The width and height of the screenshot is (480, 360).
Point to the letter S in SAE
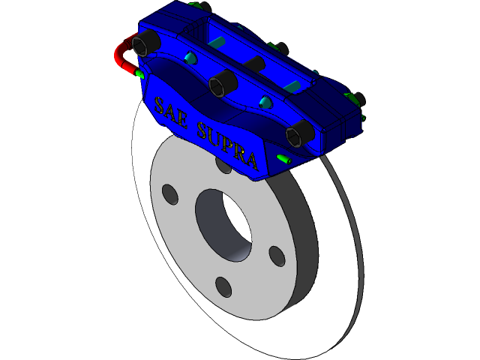pos(158,104)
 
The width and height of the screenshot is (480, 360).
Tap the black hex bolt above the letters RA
pos(297,133)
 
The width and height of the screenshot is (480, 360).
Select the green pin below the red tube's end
pos(139,74)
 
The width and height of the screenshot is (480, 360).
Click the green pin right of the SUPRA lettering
pos(283,159)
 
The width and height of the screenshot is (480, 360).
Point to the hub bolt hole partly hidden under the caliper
pos(223,164)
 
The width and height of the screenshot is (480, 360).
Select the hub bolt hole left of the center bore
pos(170,195)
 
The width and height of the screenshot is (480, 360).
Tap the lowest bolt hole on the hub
pos(223,286)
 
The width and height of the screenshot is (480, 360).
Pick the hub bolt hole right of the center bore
pos(277,255)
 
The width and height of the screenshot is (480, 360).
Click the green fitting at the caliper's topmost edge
pos(199,5)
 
